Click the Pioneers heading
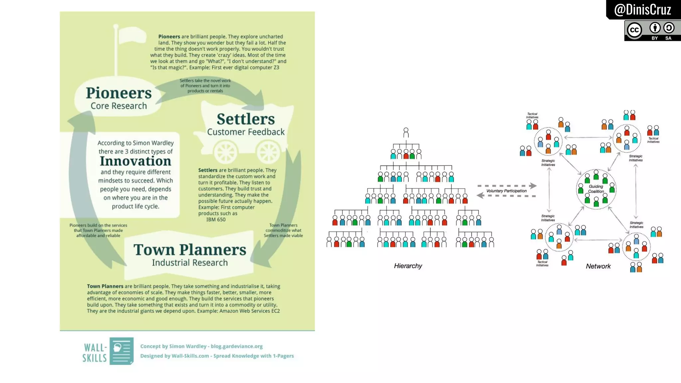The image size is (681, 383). (x=119, y=93)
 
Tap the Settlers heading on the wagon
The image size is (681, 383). (x=246, y=119)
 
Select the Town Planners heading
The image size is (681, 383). (x=190, y=250)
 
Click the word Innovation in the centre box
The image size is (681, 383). (x=136, y=161)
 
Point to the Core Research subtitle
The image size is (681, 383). (x=119, y=106)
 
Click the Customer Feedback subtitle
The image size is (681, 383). (x=246, y=132)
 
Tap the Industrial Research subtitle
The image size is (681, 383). (x=190, y=263)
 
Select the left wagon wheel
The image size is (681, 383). (x=225, y=152)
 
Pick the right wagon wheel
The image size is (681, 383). (x=268, y=152)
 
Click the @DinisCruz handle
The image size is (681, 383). (x=642, y=10)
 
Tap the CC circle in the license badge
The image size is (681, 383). (x=634, y=30)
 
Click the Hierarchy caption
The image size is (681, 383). (x=408, y=266)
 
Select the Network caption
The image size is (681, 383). (x=598, y=266)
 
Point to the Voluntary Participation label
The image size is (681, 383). (x=506, y=191)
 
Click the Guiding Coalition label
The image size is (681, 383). (x=596, y=189)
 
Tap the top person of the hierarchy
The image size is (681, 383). (x=406, y=132)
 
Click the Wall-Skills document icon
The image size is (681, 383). (x=121, y=351)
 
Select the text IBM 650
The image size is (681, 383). (x=216, y=220)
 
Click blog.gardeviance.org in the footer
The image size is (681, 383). (x=236, y=346)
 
